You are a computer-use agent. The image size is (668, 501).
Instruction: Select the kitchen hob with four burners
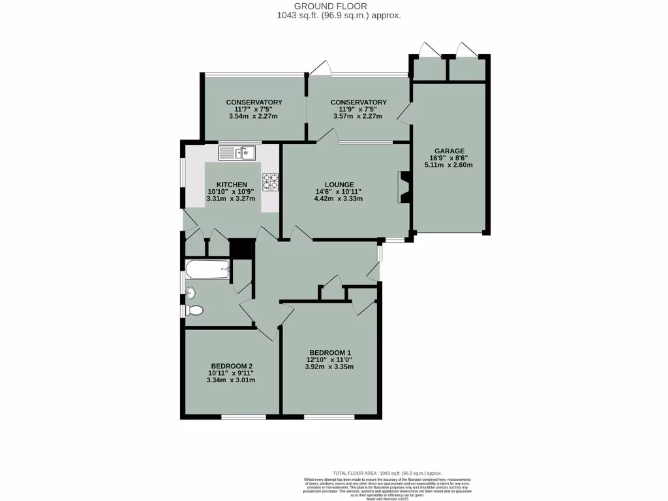tap(270, 182)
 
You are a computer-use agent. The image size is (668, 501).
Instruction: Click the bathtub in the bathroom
tap(207, 269)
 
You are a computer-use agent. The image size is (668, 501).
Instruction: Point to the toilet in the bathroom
tap(194, 310)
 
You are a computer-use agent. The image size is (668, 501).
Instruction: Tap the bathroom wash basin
tap(190, 292)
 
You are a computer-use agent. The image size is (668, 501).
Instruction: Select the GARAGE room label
tap(449, 151)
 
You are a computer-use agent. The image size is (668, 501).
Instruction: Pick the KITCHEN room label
tap(232, 185)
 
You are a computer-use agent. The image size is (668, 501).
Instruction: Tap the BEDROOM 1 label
tap(330, 353)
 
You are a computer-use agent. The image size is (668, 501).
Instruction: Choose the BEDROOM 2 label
tap(232, 366)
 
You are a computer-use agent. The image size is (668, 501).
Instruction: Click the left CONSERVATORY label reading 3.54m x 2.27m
tap(254, 117)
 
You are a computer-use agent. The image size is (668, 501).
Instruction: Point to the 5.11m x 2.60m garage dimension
tap(449, 165)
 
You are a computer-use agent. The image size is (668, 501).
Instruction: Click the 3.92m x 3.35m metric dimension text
tap(330, 367)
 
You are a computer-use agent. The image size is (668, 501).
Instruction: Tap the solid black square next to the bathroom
tap(241, 249)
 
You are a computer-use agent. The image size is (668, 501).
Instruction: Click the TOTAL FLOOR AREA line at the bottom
tap(387, 473)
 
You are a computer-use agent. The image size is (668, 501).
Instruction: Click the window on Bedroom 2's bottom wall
tap(243, 416)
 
